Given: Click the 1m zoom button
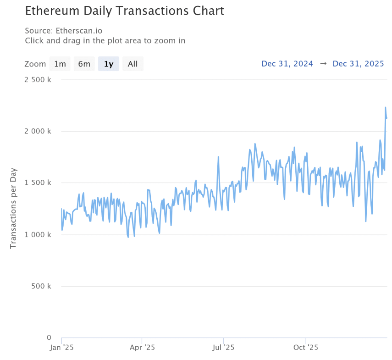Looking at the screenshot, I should [x=60, y=64].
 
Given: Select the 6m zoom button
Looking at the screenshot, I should [x=84, y=64].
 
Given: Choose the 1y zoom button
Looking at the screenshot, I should [x=109, y=64].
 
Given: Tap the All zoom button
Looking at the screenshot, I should [x=133, y=64].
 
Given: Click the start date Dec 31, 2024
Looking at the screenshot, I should [x=287, y=64].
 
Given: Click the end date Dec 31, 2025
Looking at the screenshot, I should [x=358, y=64].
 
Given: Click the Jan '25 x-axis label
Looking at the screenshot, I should [x=62, y=348].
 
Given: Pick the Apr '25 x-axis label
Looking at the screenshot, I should [x=143, y=348].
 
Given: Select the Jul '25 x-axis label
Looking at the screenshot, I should [x=223, y=348].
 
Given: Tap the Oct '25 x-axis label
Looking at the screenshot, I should [x=306, y=348].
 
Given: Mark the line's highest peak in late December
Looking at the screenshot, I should [x=385, y=107].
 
